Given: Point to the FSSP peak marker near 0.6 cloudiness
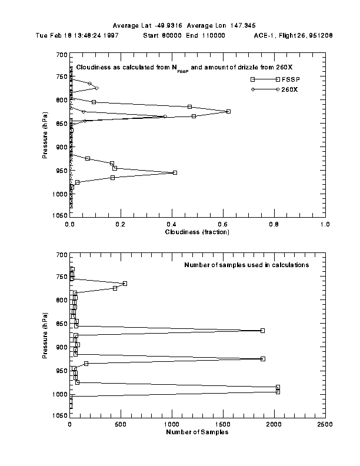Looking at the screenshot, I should [228, 111].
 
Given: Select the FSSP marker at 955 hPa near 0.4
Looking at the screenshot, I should [175, 172].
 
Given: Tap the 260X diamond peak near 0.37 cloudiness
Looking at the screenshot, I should [165, 116].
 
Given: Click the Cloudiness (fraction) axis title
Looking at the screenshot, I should [197, 232].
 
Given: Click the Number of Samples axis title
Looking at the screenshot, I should [197, 432].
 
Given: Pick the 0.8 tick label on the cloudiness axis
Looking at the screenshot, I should [274, 224].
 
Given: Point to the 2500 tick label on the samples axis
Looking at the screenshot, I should [324, 424].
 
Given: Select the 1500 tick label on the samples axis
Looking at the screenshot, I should [223, 424].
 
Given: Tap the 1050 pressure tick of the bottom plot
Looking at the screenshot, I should [59, 415].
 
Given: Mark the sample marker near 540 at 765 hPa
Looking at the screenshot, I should [125, 284].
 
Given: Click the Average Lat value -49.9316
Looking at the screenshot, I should [168, 25].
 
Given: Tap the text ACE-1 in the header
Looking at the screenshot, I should [265, 35].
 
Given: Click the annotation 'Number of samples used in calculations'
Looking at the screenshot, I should [255, 265].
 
